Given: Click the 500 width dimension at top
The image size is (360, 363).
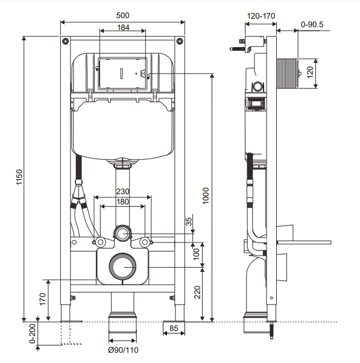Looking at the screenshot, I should click(x=122, y=14).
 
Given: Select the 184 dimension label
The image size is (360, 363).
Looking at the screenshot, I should click(x=122, y=28).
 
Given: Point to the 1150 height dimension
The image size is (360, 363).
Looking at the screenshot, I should click(x=18, y=178).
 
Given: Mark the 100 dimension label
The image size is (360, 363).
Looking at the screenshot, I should click(x=195, y=254).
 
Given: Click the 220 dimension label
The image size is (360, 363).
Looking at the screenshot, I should click(x=195, y=293).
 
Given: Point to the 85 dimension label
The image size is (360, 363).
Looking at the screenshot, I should click(x=174, y=329).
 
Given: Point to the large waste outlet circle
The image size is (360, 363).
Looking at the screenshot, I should click(x=123, y=266).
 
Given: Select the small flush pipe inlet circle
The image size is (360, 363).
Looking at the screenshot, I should click(x=123, y=233).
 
